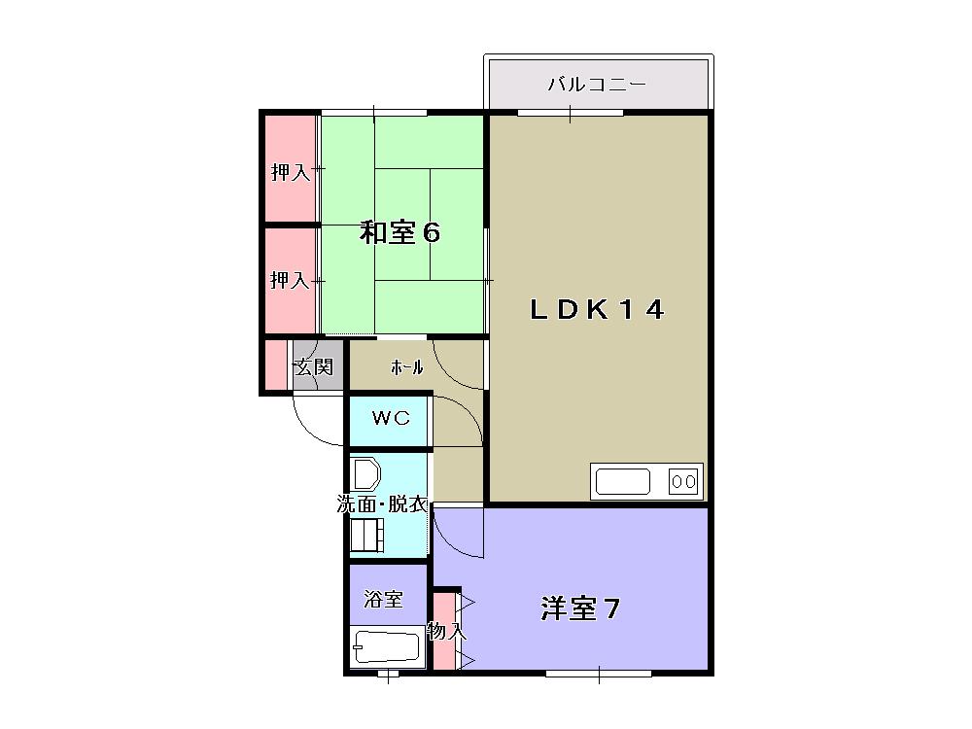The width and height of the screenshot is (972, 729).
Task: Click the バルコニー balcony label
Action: [x=596, y=85]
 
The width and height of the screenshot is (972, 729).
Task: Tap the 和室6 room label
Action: [x=400, y=233]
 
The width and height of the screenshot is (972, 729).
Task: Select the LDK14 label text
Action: [x=597, y=309]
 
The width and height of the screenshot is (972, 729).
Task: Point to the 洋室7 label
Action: [x=580, y=609]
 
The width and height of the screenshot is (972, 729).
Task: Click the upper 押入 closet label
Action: [x=290, y=173]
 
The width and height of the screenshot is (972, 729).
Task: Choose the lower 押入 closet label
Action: [x=290, y=280]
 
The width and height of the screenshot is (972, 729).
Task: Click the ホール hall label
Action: [x=406, y=367]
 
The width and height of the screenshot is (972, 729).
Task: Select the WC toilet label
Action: [x=390, y=418]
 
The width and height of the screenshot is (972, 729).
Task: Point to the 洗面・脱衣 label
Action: [x=382, y=503]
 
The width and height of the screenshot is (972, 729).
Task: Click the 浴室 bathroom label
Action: [x=383, y=599]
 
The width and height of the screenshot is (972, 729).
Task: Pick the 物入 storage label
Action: [x=446, y=630]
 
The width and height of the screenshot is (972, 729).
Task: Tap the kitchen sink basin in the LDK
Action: [x=623, y=481]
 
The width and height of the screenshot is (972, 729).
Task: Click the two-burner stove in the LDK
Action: [x=682, y=480]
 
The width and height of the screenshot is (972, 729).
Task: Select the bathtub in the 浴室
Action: [x=386, y=646]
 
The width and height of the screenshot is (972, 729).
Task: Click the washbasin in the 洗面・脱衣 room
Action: [x=366, y=474]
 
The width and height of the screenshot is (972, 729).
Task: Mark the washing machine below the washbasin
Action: [x=367, y=534]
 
